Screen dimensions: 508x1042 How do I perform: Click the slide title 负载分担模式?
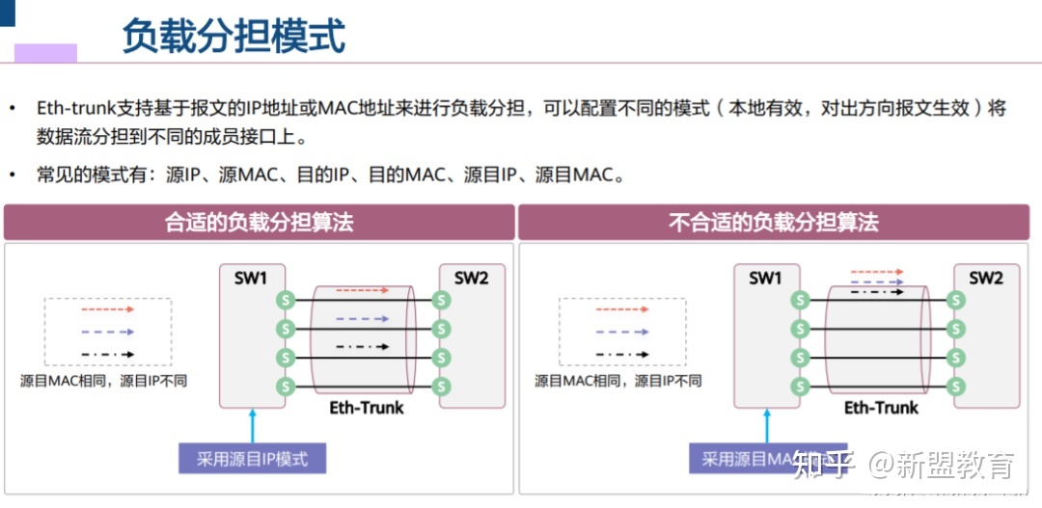click(x=233, y=37)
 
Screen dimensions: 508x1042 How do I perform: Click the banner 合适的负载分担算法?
click(x=260, y=223)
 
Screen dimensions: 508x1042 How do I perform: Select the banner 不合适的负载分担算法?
click(x=774, y=223)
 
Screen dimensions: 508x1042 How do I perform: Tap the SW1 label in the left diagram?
click(x=251, y=279)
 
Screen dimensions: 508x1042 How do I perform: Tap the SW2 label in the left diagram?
click(x=471, y=279)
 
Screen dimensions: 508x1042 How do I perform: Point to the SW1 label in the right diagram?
click(x=765, y=279)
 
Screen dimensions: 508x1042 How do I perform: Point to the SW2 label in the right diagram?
click(x=986, y=279)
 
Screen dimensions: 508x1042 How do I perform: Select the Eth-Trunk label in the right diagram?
click(x=881, y=408)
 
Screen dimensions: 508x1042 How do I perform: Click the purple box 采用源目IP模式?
click(x=253, y=459)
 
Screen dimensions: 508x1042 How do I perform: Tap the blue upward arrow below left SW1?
click(x=252, y=425)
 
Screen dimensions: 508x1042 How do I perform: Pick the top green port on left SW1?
click(x=284, y=300)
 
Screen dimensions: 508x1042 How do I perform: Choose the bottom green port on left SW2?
click(x=442, y=387)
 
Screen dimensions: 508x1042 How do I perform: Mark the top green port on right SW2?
click(x=955, y=300)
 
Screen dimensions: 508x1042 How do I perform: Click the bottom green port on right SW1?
click(x=798, y=387)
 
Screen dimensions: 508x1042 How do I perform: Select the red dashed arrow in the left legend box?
click(x=107, y=310)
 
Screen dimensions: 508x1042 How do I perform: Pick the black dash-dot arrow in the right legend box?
click(x=622, y=354)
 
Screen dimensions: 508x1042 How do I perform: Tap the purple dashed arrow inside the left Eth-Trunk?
click(x=362, y=318)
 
